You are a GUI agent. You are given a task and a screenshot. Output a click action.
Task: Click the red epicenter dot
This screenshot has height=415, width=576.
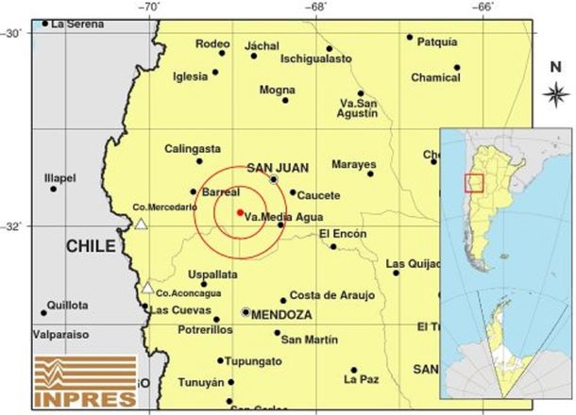pyautogui.click(x=240, y=212)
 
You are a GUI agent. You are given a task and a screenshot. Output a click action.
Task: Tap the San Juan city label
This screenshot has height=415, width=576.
pyautogui.click(x=272, y=168)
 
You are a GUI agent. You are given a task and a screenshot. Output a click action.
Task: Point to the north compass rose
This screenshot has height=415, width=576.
pyautogui.click(x=556, y=92)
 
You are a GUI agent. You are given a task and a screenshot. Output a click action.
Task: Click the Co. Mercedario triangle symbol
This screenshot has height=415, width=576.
pyautogui.click(x=141, y=224)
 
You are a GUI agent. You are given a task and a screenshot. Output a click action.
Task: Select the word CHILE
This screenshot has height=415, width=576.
pyautogui.click(x=91, y=247)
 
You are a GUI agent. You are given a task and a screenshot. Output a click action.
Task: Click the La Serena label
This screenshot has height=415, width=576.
pyautogui.click(x=76, y=24)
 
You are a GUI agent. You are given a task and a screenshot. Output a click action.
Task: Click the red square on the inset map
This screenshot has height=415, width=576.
pyautogui.click(x=474, y=182)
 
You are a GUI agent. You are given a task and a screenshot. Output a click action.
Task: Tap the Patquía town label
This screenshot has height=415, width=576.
pyautogui.click(x=436, y=41)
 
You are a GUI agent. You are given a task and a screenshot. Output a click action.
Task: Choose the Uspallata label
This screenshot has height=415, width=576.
pyautogui.click(x=212, y=274)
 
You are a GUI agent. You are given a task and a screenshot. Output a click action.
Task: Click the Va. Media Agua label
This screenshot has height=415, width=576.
pyautogui.click(x=277, y=217)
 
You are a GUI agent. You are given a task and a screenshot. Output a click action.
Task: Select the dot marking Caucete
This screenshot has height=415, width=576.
pyautogui.click(x=293, y=192)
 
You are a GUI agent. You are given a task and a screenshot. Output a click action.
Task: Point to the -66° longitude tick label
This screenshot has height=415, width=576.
pyautogui.click(x=483, y=8)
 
